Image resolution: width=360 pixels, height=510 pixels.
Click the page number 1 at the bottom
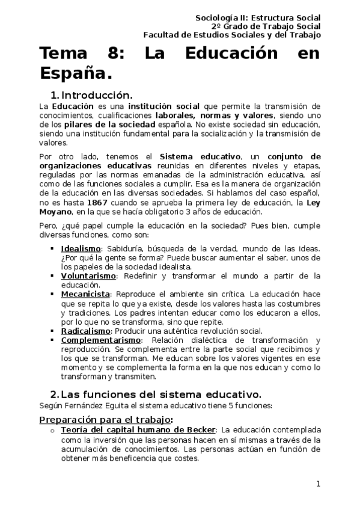tap(318, 484)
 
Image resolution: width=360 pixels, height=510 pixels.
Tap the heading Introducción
tap(96, 95)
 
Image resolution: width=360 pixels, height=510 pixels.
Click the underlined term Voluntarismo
tap(89, 275)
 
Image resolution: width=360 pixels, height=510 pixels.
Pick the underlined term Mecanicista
tap(85, 294)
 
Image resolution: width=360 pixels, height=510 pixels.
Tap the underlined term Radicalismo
tap(85, 331)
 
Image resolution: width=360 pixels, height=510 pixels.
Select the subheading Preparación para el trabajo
tap(106, 419)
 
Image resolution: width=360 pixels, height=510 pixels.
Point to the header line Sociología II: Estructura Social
tap(258, 18)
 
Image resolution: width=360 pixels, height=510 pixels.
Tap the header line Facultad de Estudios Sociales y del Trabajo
tap(232, 34)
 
